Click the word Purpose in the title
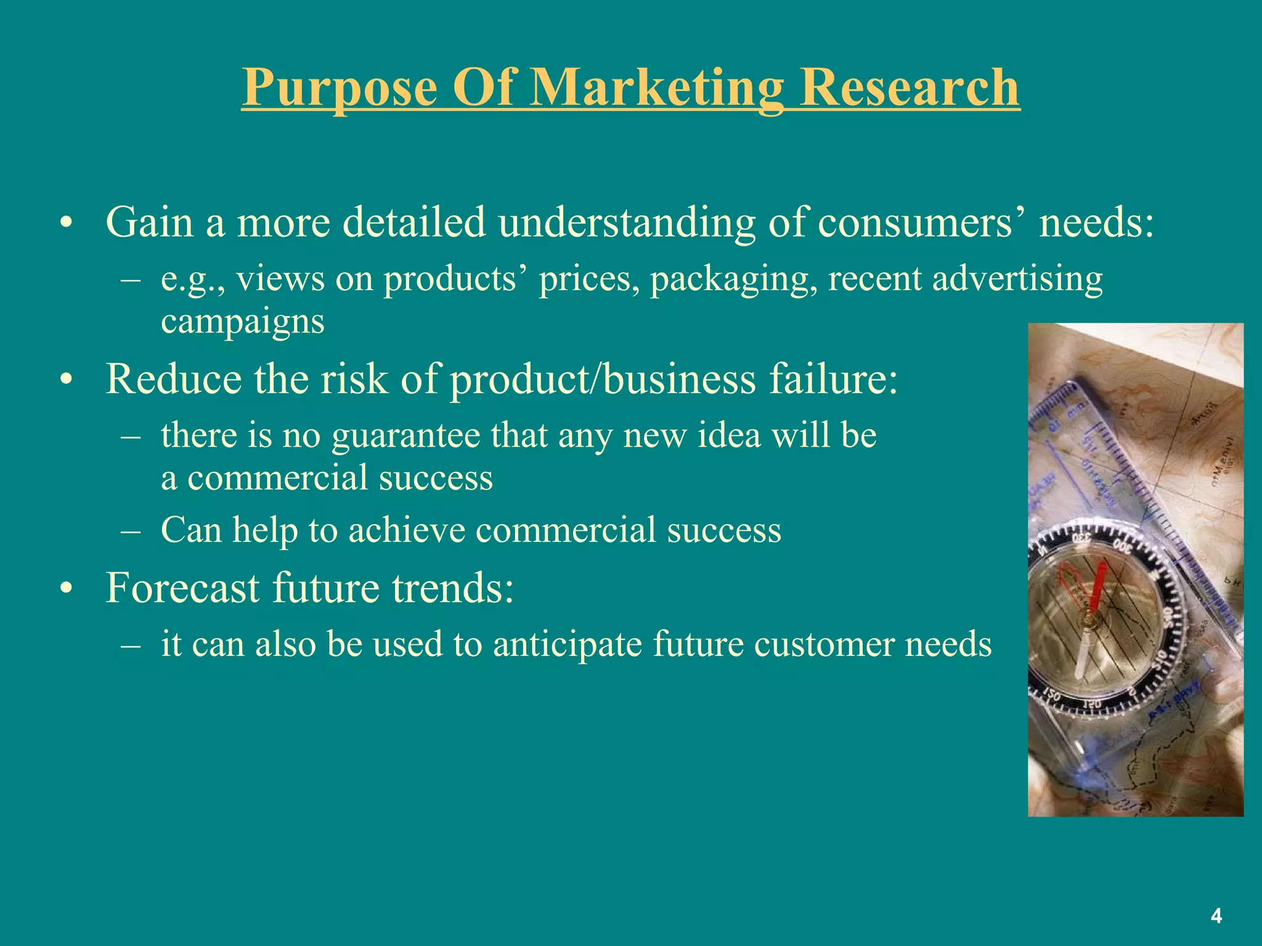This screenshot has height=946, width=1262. pyautogui.click(x=340, y=87)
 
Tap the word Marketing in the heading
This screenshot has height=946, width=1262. pyautogui.click(x=657, y=87)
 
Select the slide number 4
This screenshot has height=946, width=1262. pyautogui.click(x=1216, y=916)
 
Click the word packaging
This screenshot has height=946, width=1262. pyautogui.click(x=733, y=279)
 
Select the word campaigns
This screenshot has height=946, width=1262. pyautogui.click(x=242, y=322)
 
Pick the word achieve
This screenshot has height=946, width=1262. pyautogui.click(x=406, y=530)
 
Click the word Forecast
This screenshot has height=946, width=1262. pyautogui.click(x=182, y=588)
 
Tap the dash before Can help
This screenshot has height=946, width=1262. pyautogui.click(x=131, y=531)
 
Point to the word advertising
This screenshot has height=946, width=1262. pyautogui.click(x=1017, y=279)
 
